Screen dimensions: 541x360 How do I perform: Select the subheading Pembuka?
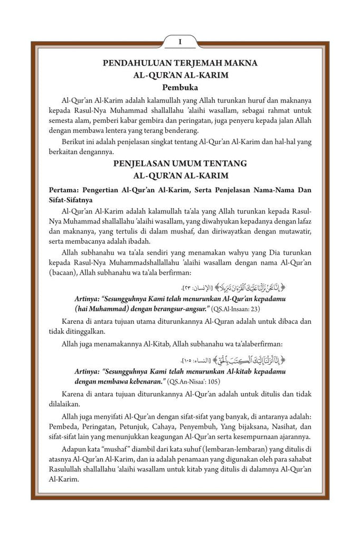(180, 87)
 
